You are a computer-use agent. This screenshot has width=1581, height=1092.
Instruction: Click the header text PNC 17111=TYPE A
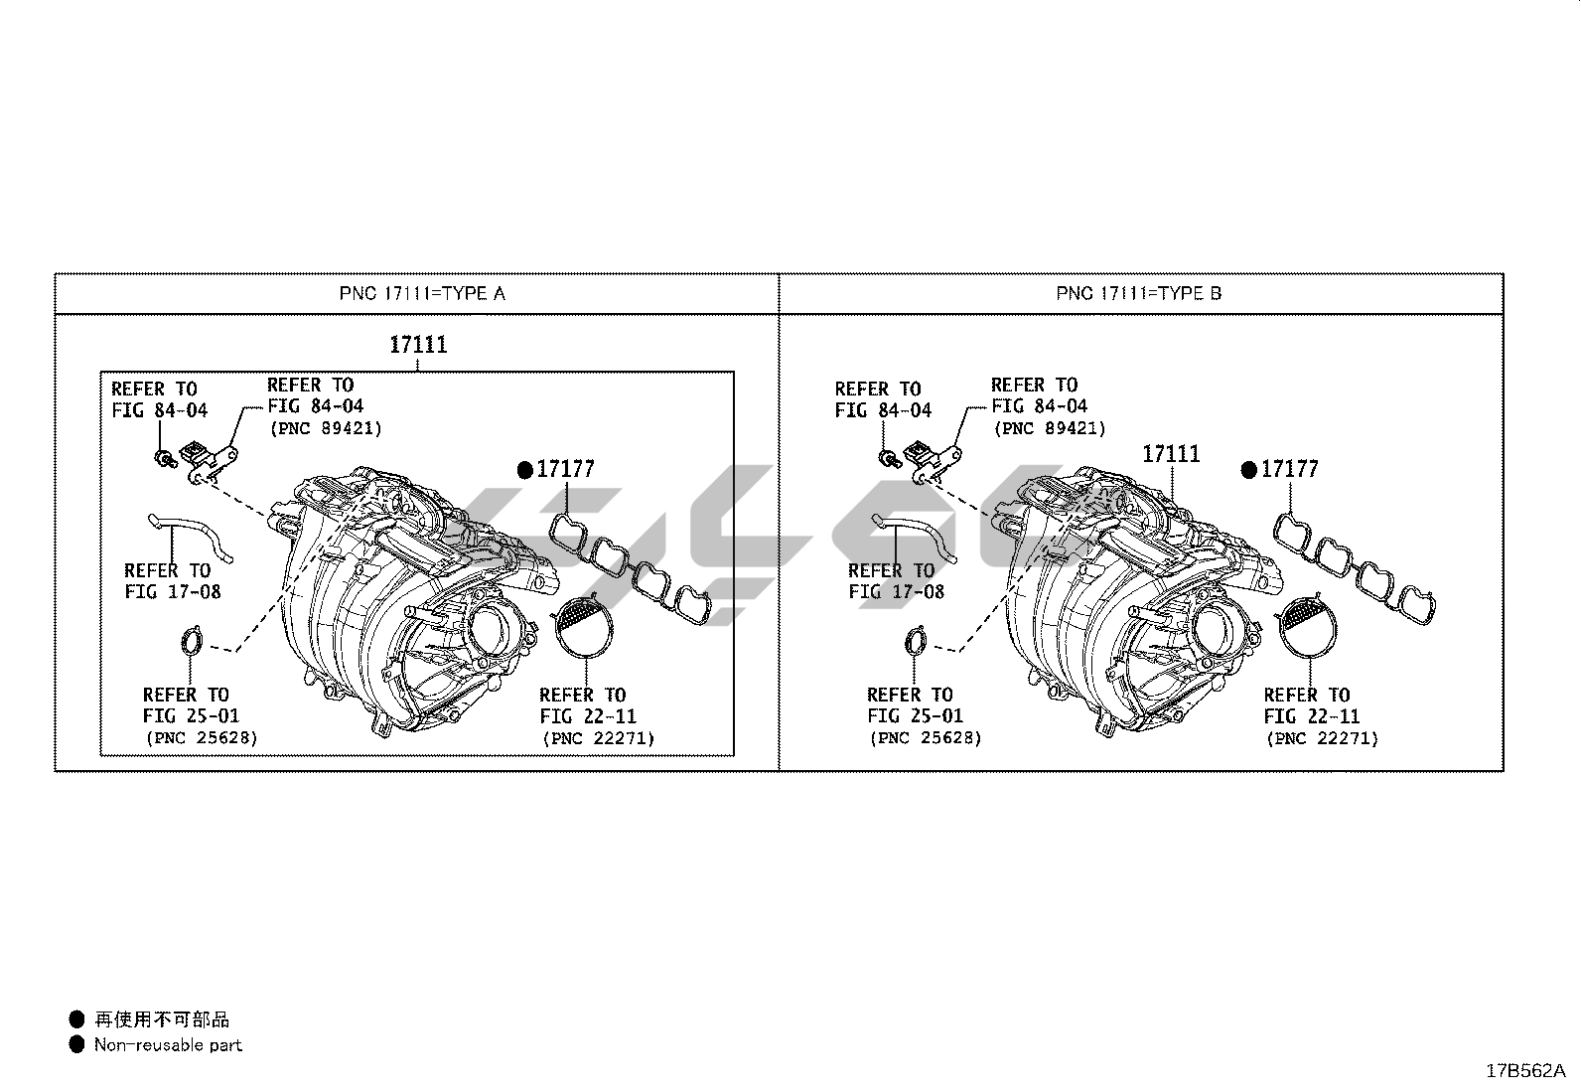(422, 294)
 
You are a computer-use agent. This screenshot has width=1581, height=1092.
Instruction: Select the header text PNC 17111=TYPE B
(1138, 294)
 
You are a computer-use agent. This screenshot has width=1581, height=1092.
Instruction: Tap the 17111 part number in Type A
(418, 345)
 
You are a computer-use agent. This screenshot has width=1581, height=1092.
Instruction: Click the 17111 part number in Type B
(1171, 453)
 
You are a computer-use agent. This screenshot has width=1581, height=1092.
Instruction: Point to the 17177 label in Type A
(565, 469)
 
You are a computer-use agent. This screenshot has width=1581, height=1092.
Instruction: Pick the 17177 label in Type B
(1289, 469)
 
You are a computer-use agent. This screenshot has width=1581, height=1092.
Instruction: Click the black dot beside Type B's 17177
(1248, 470)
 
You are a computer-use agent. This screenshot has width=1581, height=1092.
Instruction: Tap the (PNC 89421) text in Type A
(326, 428)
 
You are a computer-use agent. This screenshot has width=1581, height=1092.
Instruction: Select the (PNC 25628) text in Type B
(926, 738)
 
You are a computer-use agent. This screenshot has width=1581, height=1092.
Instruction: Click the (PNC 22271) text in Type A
(599, 738)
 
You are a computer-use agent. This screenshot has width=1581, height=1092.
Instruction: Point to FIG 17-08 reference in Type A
(173, 592)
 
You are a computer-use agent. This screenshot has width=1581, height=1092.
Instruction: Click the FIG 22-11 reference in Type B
(1312, 716)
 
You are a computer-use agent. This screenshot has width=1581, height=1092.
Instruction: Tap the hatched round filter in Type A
(584, 626)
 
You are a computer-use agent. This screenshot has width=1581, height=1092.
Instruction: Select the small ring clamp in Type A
(192, 641)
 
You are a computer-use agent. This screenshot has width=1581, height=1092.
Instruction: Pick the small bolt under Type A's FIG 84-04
(165, 458)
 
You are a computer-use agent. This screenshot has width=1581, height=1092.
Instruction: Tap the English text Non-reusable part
(168, 1044)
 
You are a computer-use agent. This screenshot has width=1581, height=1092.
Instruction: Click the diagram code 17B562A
(1525, 1071)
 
